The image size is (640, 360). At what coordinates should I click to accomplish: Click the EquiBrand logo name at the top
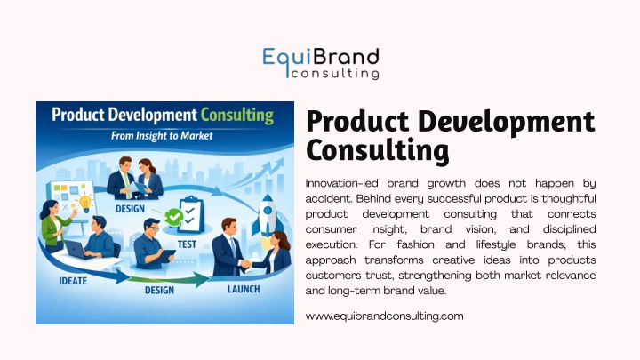pyautogui.click(x=321, y=58)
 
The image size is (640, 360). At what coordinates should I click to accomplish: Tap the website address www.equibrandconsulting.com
pyautogui.click(x=384, y=316)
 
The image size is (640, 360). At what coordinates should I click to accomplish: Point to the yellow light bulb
pyautogui.click(x=85, y=204)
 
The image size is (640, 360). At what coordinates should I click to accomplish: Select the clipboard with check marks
pyautogui.click(x=190, y=214)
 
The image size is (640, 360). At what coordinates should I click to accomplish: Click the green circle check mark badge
pyautogui.click(x=174, y=217)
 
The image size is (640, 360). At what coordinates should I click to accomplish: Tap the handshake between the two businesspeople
pyautogui.click(x=245, y=264)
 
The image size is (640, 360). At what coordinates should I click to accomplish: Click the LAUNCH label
pyautogui.click(x=244, y=290)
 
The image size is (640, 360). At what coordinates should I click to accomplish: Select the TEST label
pyautogui.click(x=187, y=244)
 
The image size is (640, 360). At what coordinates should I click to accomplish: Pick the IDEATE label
pyautogui.click(x=73, y=281)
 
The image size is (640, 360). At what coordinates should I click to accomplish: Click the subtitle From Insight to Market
pyautogui.click(x=162, y=135)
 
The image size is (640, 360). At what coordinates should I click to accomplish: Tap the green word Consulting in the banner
pyautogui.click(x=236, y=116)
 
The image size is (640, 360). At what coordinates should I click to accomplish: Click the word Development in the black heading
pyautogui.click(x=507, y=122)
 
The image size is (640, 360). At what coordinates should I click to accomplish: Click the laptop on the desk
pyautogui.click(x=76, y=250)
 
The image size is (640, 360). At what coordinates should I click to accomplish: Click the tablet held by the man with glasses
pyautogui.click(x=165, y=256)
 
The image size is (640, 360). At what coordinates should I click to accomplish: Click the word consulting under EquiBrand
pyautogui.click(x=335, y=74)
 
